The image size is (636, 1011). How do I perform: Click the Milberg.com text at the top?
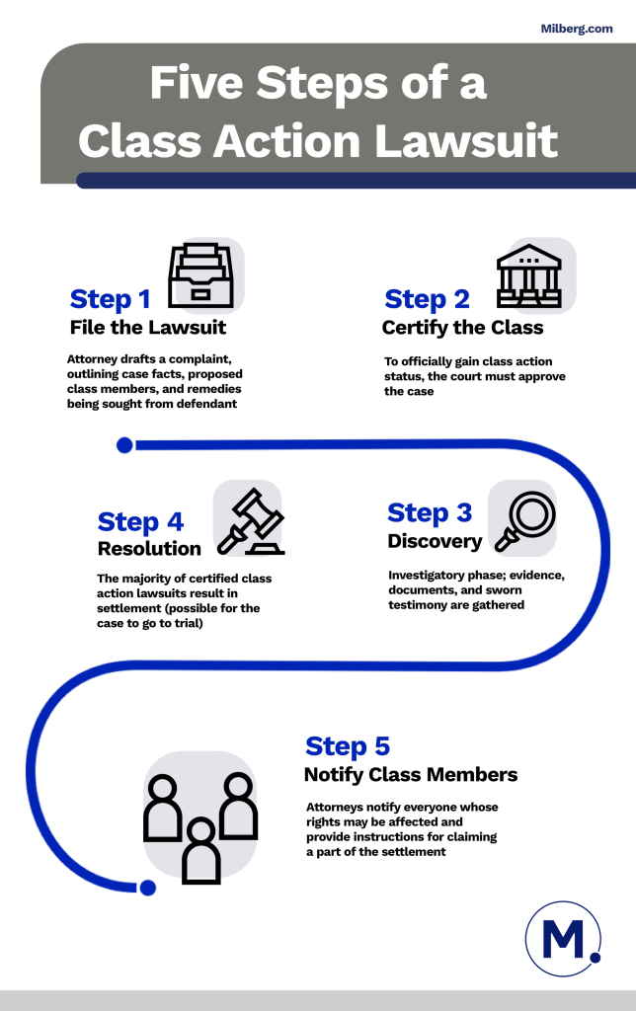[x=577, y=29]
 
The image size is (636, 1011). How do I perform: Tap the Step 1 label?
[x=111, y=299]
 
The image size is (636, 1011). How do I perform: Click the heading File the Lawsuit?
[x=147, y=327]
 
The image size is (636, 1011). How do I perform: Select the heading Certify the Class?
[x=462, y=327]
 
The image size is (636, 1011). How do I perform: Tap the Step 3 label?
[x=430, y=512]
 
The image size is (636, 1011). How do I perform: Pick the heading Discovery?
[x=435, y=541]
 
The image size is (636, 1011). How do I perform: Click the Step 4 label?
[x=140, y=521]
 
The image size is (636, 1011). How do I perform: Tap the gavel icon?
[x=250, y=520]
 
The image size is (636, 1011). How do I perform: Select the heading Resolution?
[x=149, y=548]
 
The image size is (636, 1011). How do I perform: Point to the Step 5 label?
[x=349, y=745]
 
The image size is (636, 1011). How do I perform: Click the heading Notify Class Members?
[x=410, y=774]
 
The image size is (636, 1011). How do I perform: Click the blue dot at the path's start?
[x=124, y=445]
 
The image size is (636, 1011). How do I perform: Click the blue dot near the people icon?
[x=148, y=888]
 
